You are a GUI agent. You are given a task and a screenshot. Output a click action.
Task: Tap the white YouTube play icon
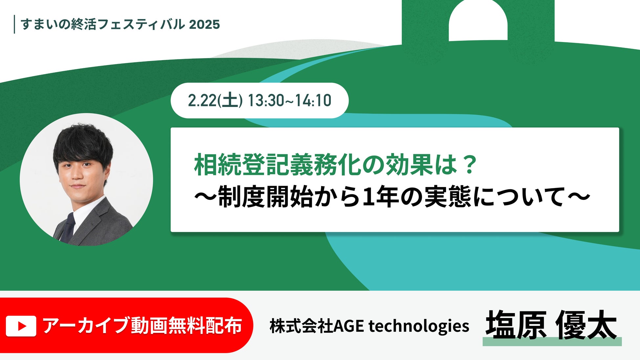[21, 326]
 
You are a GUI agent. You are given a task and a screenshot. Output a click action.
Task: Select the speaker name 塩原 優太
[551, 325]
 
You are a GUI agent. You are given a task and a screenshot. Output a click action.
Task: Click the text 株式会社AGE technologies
[369, 326]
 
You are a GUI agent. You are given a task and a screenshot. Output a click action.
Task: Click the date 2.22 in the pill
[202, 100]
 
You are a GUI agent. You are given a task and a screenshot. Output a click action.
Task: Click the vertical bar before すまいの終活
[14, 24]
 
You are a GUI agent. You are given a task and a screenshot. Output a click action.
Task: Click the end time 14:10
[313, 100]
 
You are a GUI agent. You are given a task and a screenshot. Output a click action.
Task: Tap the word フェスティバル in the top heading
[141, 25]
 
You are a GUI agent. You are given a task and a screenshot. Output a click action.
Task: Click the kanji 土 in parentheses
[230, 100]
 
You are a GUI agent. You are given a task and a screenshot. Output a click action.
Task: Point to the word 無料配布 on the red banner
[205, 326]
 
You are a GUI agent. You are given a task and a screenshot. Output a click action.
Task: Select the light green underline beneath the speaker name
[552, 341]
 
